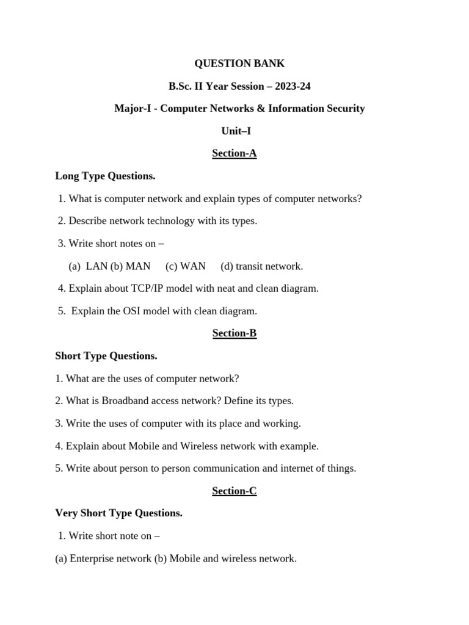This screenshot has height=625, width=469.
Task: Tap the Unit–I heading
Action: (236, 131)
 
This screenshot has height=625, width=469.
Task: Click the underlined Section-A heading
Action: (234, 153)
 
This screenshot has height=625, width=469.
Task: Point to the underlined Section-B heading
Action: (234, 333)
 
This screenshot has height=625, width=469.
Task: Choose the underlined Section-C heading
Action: (234, 491)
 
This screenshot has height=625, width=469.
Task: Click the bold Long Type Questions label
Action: (106, 176)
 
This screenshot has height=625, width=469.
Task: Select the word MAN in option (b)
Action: (138, 266)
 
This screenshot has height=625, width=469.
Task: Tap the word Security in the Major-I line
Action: (345, 109)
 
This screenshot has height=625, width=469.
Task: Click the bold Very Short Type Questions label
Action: (119, 513)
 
